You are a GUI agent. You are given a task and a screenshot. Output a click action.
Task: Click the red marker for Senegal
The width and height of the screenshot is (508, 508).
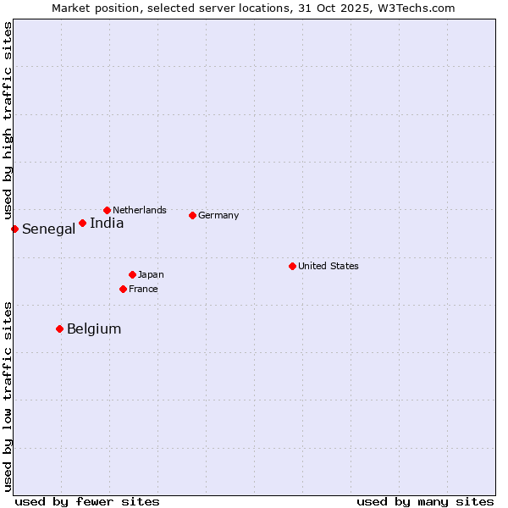coord(14,229)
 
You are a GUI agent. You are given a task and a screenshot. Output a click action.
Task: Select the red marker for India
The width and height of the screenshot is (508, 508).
coord(82,223)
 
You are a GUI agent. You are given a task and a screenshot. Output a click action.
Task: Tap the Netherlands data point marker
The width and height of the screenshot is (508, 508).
coord(107,210)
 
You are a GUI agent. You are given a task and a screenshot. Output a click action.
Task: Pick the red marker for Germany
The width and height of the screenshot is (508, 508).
coord(192,215)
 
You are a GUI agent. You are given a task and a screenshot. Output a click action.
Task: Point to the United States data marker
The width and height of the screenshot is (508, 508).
coord(292,266)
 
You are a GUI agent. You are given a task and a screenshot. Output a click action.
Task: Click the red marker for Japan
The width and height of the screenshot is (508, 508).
coord(132,274)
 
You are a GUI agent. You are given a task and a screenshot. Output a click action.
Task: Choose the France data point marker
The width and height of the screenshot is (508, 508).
coord(123,289)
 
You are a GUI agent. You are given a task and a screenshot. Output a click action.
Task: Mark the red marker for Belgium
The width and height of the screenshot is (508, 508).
coord(59,329)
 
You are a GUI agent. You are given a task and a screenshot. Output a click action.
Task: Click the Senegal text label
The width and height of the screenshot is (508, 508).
coord(48,229)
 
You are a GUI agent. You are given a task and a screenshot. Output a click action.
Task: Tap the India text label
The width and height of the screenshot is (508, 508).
coord(107,224)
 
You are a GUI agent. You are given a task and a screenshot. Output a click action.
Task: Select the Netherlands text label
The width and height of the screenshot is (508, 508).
coord(140,210)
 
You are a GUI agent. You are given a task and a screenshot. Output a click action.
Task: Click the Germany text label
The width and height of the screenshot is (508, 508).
coord(218,215)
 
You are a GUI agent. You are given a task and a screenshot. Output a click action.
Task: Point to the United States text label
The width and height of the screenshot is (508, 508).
coord(329,266)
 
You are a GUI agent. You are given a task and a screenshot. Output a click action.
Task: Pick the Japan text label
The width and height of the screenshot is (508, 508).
coord(151,274)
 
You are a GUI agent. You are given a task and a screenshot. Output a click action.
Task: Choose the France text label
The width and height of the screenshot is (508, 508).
coord(143,289)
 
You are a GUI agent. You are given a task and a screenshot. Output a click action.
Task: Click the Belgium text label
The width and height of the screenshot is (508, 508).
coord(94,329)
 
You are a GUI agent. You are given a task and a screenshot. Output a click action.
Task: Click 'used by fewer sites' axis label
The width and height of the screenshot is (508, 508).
coord(87,501)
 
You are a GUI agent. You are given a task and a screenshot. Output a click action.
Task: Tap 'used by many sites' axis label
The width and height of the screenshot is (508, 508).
coord(425,501)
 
